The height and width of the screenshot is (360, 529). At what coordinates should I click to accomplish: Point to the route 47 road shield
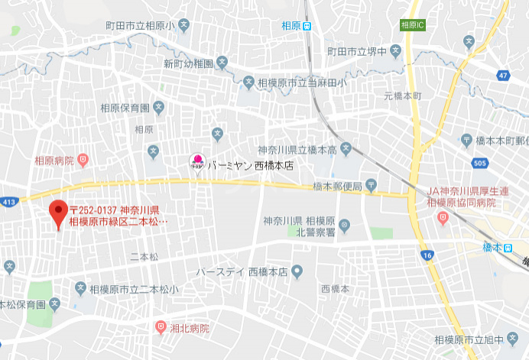click(x=501, y=75)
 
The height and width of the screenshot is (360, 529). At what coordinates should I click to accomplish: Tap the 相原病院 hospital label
click(x=54, y=161)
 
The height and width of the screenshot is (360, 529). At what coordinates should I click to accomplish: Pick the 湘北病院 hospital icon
click(x=161, y=327)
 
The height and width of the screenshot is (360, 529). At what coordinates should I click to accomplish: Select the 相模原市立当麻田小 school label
click(x=302, y=83)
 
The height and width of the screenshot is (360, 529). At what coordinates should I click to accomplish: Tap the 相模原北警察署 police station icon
click(x=344, y=225)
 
